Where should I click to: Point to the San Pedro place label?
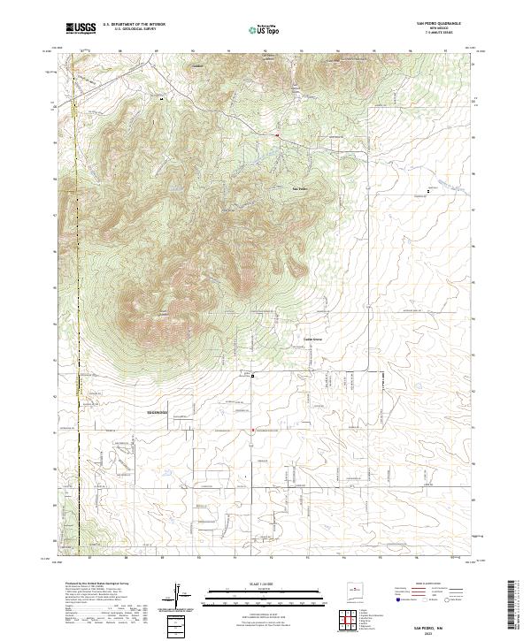300,188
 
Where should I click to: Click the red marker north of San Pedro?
277,135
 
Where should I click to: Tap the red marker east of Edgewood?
254,431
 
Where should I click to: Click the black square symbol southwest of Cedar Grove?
252,376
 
